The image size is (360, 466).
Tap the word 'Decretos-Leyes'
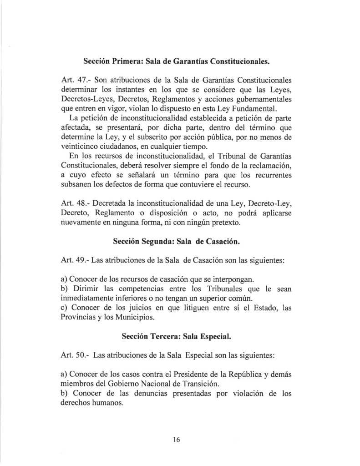(84, 99)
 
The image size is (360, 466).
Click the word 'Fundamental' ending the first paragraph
(264, 109)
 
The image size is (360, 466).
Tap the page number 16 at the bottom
(177, 440)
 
